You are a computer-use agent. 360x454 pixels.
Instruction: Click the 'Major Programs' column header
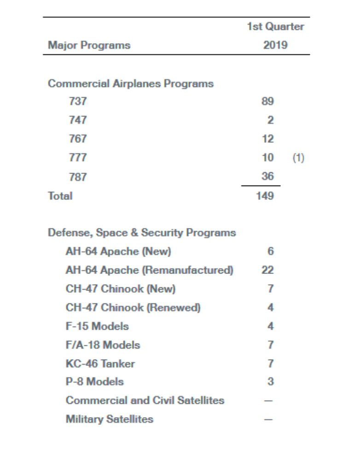pos(89,45)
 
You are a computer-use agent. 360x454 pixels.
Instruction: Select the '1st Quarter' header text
pos(275,27)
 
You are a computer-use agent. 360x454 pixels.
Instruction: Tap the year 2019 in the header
pos(275,45)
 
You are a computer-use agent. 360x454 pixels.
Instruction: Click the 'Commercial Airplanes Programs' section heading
pos(131,84)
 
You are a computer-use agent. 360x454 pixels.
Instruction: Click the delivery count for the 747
pos(270,120)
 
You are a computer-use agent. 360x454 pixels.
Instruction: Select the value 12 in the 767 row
pos(267,139)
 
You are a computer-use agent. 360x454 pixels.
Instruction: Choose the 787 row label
pos(77,177)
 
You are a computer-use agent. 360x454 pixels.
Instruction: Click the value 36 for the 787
pos(267,176)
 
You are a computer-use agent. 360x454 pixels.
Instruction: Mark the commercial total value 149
pos(265,196)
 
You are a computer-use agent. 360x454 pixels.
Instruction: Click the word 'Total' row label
pos(60,196)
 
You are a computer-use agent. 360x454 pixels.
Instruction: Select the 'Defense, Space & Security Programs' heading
pos(142,233)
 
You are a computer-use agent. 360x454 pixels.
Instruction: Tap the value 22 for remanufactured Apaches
pos(267,270)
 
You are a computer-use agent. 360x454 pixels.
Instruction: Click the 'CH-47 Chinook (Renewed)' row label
pos(133,308)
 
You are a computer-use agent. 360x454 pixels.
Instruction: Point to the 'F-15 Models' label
pos(97,326)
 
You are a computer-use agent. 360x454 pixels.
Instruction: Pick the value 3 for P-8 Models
pos(270,382)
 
